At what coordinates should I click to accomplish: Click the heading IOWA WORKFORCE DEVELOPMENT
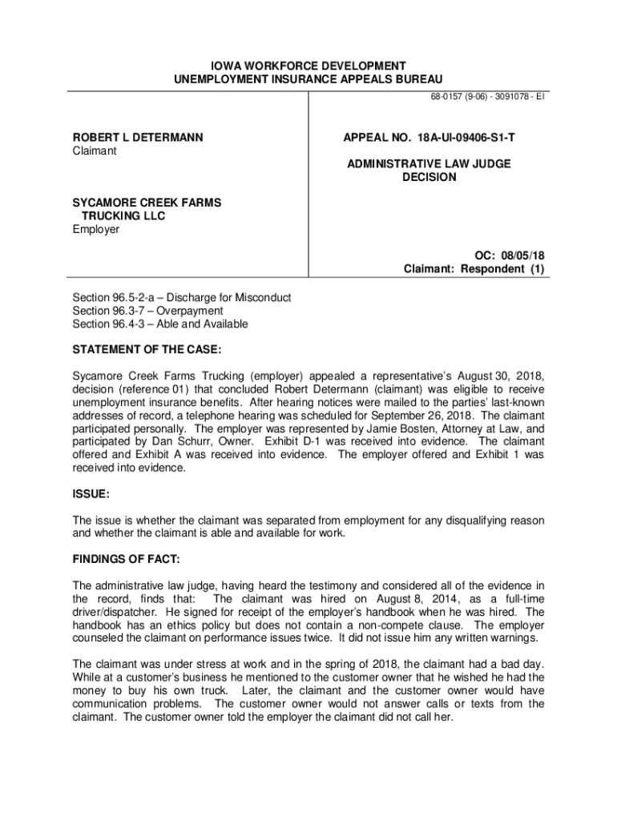(308, 65)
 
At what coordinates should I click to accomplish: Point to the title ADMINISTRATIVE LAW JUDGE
(429, 163)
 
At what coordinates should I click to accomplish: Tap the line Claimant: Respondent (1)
(474, 269)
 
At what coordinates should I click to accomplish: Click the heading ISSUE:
(91, 494)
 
